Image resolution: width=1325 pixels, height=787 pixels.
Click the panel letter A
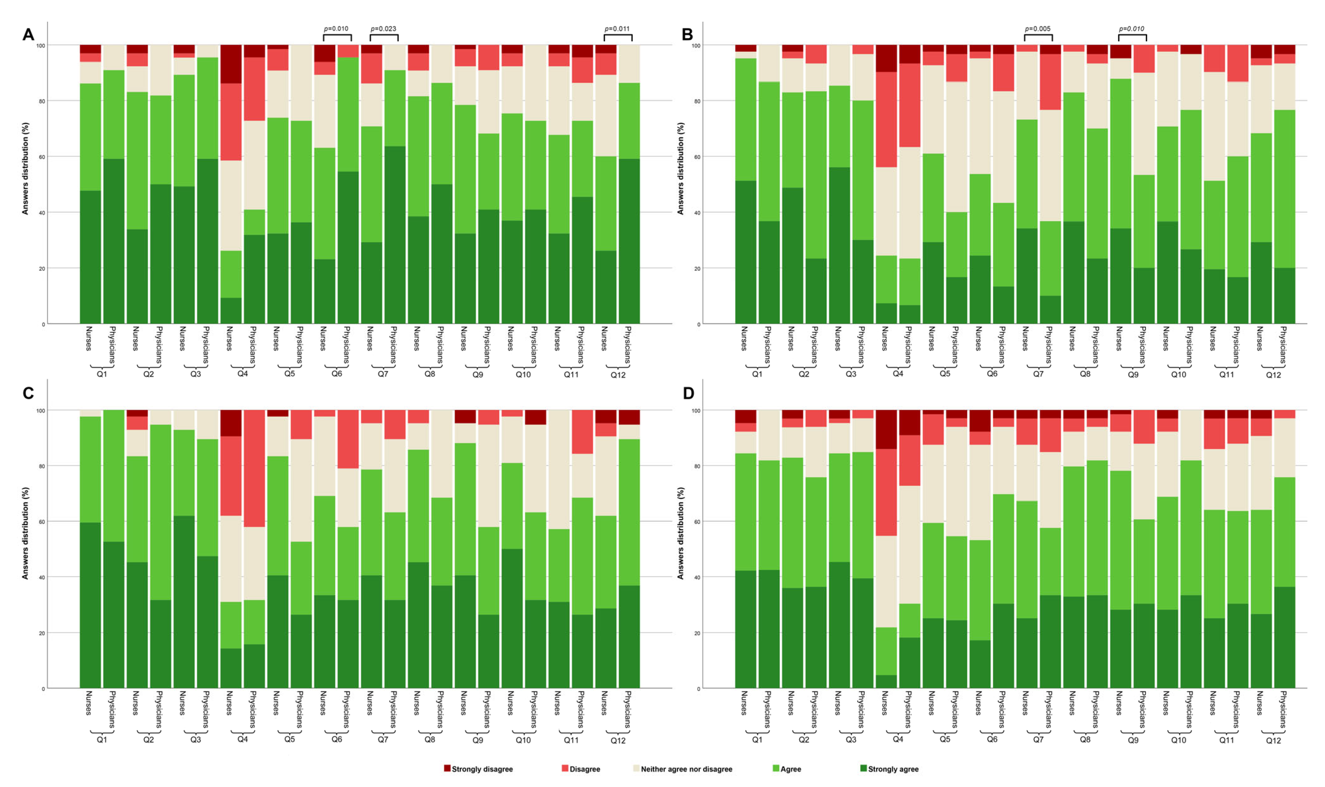point(28,35)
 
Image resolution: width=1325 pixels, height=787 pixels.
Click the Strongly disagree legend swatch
point(447,768)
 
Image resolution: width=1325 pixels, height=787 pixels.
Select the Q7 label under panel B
point(1038,374)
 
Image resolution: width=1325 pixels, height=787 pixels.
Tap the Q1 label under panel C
point(102,739)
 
